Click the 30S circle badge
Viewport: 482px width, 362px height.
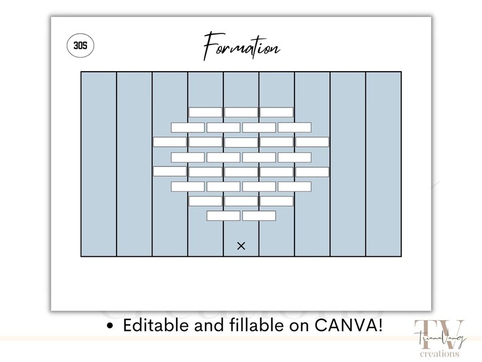(80, 46)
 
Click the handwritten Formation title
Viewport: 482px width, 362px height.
(242, 46)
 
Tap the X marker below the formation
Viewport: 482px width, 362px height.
(242, 246)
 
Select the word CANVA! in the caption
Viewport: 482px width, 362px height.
(348, 325)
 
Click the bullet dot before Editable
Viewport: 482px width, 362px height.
(109, 326)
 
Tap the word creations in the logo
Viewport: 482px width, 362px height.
(440, 353)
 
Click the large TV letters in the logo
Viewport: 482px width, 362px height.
(439, 335)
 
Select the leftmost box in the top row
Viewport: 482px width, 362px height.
(205, 112)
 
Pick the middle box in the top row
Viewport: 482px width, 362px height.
(241, 112)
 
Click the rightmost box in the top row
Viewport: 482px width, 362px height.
(277, 112)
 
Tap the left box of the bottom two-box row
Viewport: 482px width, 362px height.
(223, 216)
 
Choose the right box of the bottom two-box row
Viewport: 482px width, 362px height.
(259, 216)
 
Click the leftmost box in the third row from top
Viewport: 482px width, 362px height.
(170, 142)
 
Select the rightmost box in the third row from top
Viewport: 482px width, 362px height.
(312, 142)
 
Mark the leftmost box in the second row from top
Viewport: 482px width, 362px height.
(188, 128)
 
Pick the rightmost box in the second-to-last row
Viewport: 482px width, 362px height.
(277, 201)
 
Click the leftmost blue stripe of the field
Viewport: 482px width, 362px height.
(99, 164)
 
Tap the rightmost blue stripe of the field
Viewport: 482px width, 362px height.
(384, 164)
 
